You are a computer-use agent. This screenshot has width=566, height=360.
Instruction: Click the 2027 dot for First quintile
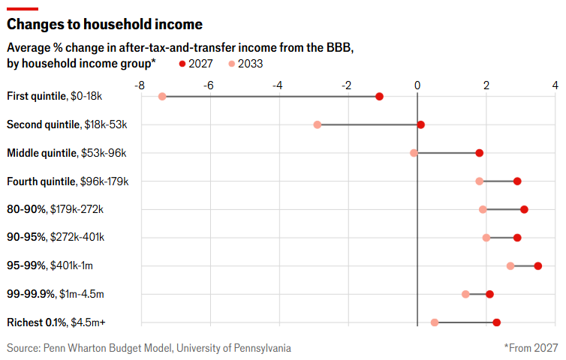(x=379, y=97)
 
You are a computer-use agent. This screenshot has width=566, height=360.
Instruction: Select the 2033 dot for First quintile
(x=162, y=97)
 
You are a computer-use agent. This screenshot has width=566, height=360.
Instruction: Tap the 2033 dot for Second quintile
(x=318, y=124)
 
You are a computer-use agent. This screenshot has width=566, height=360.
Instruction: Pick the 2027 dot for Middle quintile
(x=479, y=153)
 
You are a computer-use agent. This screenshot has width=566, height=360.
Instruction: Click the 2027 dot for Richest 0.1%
(x=496, y=322)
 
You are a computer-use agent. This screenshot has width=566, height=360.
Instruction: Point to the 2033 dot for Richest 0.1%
(x=435, y=322)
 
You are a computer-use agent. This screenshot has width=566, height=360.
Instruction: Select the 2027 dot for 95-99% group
(x=537, y=265)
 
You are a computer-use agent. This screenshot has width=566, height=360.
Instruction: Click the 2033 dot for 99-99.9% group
(x=465, y=294)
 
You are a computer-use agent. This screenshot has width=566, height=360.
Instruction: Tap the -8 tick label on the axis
(x=139, y=85)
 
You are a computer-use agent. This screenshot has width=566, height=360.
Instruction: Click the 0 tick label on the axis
(x=417, y=85)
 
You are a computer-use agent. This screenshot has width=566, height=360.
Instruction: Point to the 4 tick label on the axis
(x=555, y=85)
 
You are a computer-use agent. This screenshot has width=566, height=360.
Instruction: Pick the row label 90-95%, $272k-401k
(x=56, y=238)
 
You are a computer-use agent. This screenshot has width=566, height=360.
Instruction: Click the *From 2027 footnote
(x=531, y=348)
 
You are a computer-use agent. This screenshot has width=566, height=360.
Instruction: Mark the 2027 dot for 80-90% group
(x=524, y=209)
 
